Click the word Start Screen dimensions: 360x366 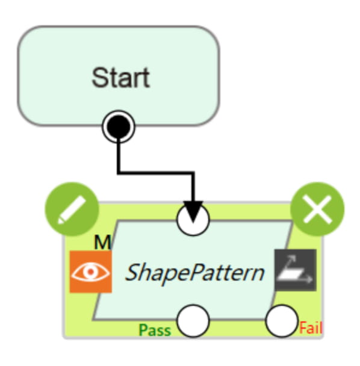(120, 78)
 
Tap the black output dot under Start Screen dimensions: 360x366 (119, 127)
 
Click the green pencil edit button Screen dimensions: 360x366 (72, 209)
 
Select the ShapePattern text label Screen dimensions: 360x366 (194, 273)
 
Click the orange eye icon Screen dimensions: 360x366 (91, 271)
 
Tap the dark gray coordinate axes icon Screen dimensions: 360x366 (296, 270)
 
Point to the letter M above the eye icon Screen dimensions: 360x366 (102, 242)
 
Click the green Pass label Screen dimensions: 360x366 (155, 330)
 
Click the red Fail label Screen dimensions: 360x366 (311, 327)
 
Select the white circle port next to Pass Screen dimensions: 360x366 (193, 321)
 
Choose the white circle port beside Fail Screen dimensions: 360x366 (282, 321)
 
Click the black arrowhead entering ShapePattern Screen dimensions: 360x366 (193, 212)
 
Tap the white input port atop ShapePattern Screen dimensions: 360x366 (193, 219)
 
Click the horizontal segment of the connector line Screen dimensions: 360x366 (156, 173)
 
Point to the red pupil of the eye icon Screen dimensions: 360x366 (90, 271)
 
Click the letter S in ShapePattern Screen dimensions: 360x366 (132, 272)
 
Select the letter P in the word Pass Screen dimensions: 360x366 (143, 329)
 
